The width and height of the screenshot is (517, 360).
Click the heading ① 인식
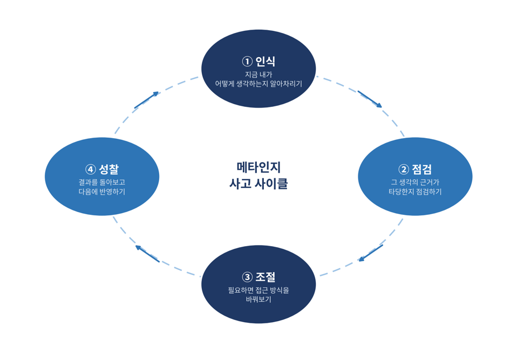coord(258,62)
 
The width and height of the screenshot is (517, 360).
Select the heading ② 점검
coord(415,169)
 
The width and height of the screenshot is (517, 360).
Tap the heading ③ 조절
coord(258,277)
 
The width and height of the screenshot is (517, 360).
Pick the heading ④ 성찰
coord(102,169)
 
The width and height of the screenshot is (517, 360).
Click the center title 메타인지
coord(258,167)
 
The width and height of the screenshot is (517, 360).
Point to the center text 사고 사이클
coord(258,184)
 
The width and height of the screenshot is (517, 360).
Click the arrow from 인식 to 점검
coord(370,99)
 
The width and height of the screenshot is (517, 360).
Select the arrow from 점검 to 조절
coord(371,253)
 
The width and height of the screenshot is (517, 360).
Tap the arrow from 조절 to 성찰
coord(147,254)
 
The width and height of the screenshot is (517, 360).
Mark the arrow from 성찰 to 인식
coord(146,100)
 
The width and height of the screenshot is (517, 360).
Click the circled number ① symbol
coord(247,62)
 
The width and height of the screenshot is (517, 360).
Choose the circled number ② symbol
coord(404,170)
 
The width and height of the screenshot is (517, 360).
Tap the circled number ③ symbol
coord(247,277)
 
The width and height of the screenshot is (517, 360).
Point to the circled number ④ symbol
coord(90,170)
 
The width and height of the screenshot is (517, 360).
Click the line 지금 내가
coord(258,74)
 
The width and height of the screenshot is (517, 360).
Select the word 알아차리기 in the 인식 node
coord(286,84)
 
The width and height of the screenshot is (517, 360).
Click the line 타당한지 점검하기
coord(415,192)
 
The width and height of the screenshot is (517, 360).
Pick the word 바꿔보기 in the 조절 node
coord(258,300)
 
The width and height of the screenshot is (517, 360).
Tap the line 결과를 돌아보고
coord(102,182)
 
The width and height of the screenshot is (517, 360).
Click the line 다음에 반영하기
coord(102,192)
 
